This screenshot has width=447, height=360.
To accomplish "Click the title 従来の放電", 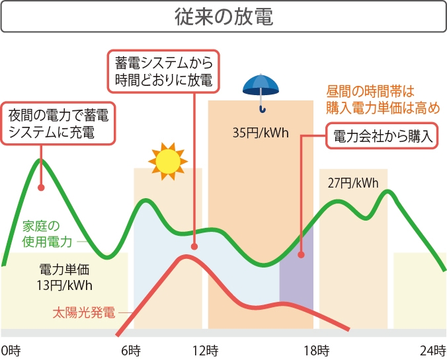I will coord(223,17).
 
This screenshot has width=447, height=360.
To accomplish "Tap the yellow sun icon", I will coord(168,160).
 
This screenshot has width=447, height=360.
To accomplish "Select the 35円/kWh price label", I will coord(261,133).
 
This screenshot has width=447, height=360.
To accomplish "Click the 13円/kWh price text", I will coord(65,285).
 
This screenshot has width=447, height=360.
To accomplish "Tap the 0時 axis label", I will coord(11,349).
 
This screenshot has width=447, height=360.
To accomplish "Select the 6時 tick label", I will coord(131,349).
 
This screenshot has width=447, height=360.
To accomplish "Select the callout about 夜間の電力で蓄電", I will coord(58,124).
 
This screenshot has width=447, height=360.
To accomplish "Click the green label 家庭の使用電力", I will coord(46,234).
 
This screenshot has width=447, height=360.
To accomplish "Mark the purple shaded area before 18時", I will coord(296,291).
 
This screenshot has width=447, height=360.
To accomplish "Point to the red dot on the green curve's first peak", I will coord(41,187).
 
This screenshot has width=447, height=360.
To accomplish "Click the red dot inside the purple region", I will coord(301,255).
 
